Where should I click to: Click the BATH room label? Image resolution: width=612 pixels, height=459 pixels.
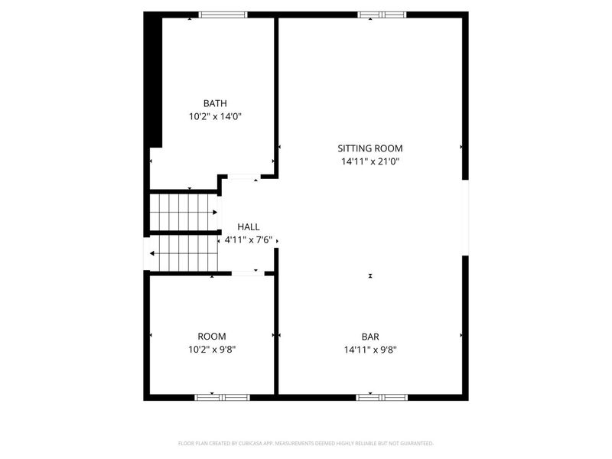[x=214, y=103]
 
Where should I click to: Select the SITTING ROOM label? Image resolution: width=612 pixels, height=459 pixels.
[x=370, y=148]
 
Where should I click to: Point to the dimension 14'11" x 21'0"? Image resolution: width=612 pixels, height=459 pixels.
[x=370, y=161]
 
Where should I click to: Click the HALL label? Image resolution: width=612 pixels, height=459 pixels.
[x=249, y=227]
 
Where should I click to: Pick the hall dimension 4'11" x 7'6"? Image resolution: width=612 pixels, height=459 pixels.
[x=249, y=240]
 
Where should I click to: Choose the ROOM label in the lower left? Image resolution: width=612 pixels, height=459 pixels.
[x=212, y=337]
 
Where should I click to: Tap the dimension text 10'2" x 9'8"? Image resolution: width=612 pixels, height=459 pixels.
[x=212, y=350]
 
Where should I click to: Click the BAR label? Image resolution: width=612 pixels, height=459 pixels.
[x=370, y=337]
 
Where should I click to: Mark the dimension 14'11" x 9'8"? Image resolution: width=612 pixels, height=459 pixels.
[x=370, y=350]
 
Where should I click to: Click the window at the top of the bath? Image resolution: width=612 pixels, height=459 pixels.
[x=223, y=15]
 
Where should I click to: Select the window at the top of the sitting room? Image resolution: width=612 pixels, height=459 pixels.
[x=382, y=15]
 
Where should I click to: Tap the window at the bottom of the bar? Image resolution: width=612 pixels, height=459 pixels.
[x=382, y=397]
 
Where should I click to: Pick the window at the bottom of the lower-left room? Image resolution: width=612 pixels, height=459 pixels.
[x=222, y=397]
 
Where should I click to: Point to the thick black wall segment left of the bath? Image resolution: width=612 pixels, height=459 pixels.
[x=154, y=80]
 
